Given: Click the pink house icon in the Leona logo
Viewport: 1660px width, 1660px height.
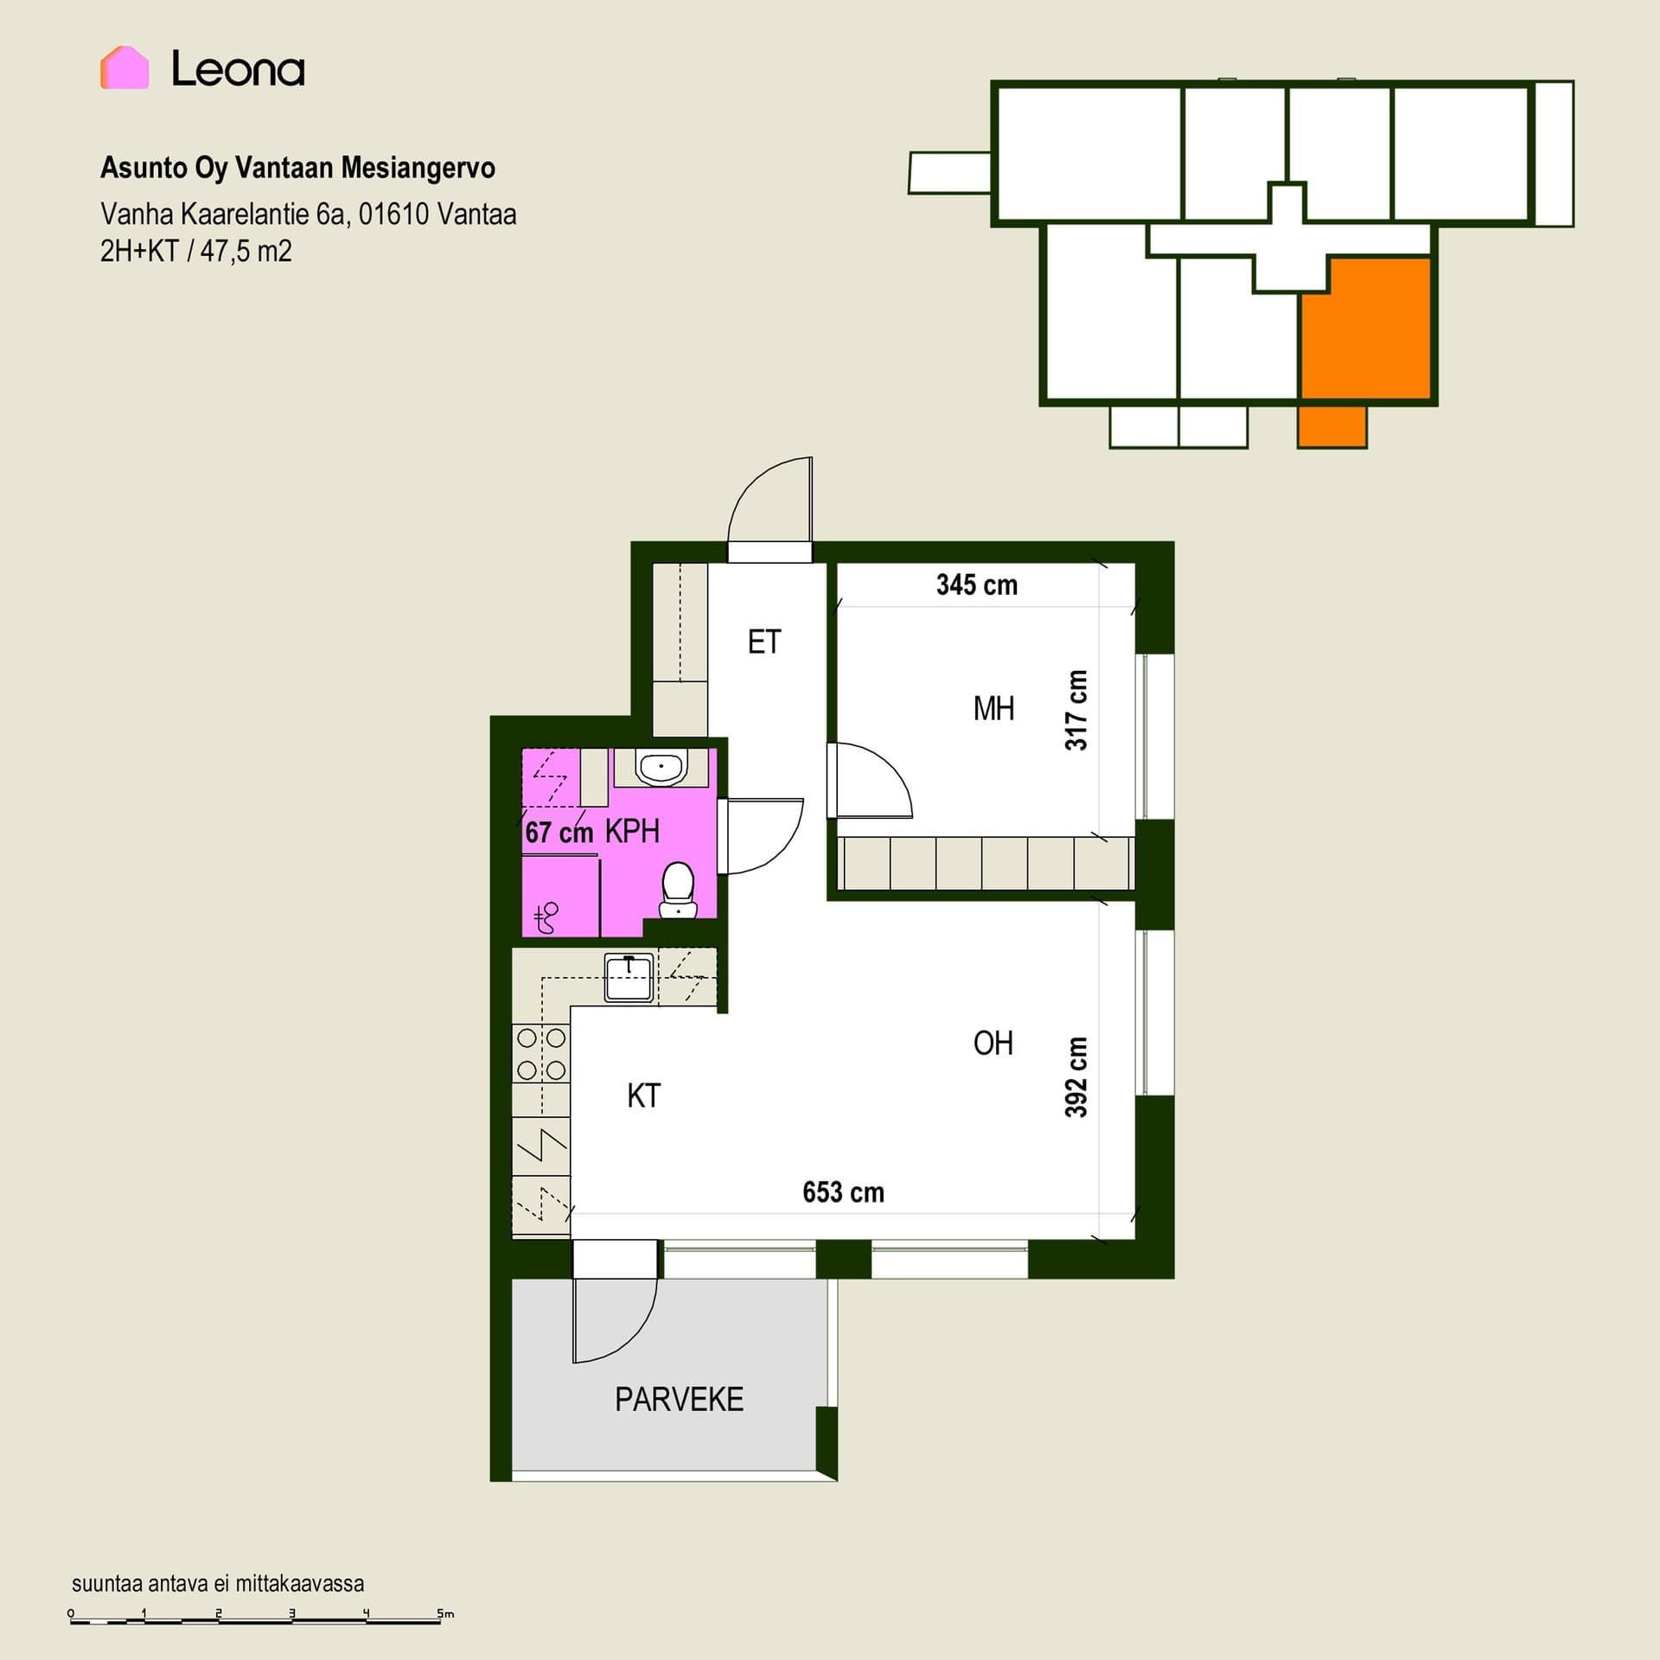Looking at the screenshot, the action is [124, 67].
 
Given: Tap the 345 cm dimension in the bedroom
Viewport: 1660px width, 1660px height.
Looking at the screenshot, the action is [977, 585].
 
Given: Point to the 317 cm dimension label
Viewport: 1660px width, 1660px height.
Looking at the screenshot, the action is [1076, 710].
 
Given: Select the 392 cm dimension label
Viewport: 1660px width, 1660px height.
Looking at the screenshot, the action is [1076, 1076].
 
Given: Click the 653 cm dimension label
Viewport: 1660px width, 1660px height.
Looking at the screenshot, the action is [844, 1193].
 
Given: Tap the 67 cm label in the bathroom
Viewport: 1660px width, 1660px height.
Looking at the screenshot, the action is [559, 833].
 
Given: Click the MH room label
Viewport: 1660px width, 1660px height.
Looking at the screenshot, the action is [993, 709].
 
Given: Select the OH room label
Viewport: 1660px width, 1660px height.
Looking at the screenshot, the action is [993, 1044].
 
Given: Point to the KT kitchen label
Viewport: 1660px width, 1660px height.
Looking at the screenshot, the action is [644, 1096].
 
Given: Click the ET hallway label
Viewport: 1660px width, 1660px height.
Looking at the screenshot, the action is [764, 642].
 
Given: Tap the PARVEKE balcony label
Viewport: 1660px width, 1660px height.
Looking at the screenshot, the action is [680, 1400].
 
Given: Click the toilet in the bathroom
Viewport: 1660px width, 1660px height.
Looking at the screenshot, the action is [678, 890].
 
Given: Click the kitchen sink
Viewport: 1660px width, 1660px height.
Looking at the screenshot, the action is [629, 978].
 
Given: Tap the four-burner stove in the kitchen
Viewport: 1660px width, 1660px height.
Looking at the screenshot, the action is [541, 1053].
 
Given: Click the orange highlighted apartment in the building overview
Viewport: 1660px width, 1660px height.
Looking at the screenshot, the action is [1366, 337].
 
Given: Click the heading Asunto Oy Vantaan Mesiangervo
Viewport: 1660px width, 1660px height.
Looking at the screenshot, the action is [298, 168].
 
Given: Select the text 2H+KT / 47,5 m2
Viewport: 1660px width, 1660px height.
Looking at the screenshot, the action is [196, 252].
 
